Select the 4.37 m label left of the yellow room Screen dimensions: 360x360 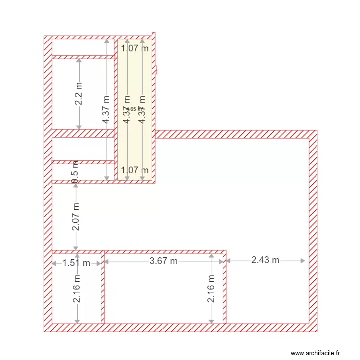click(107, 109)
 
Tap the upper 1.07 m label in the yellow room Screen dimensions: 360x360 click(134, 48)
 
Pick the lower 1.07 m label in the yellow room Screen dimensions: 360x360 click(134, 170)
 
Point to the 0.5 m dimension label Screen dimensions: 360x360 click(75, 171)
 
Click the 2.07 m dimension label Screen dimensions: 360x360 click(76, 216)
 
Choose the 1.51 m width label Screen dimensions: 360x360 click(77, 263)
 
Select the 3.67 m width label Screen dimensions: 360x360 click(164, 261)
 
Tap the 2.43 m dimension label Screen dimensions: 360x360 click(265, 260)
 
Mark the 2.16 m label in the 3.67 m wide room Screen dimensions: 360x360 click(211, 288)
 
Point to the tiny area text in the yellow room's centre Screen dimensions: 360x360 click(134, 109)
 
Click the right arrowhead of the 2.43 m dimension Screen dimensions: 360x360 click(303, 261)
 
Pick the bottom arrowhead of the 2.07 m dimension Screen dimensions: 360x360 click(76, 248)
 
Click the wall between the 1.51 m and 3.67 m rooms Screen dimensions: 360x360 click(103, 288)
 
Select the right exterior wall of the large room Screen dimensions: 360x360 click(313, 230)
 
